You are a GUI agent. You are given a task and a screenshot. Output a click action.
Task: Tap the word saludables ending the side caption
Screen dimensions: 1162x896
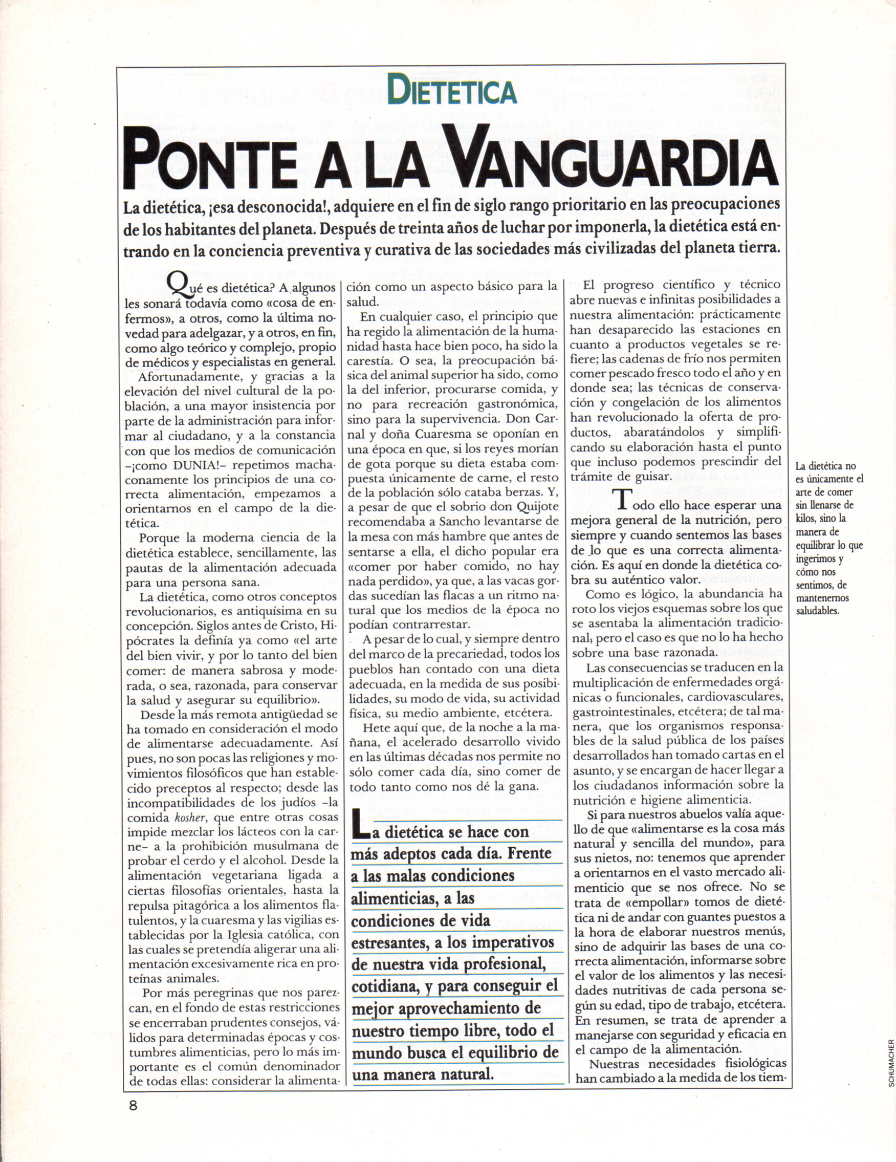(x=817, y=611)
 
